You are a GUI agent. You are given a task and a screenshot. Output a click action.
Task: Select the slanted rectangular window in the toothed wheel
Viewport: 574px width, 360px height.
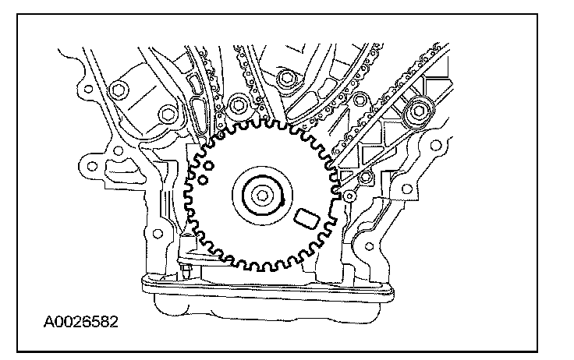306,217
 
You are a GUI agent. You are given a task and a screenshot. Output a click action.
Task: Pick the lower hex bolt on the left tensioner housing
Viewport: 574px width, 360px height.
166,118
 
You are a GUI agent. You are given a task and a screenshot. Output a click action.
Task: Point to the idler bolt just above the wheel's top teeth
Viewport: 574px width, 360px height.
239,102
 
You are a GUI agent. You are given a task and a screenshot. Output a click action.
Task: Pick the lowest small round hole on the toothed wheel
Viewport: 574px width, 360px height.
202,180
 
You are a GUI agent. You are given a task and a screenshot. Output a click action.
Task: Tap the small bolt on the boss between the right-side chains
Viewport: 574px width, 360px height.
360,100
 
